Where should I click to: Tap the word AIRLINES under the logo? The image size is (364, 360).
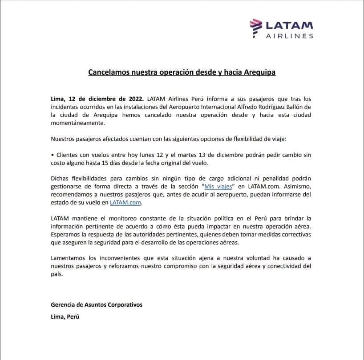(x=290, y=36)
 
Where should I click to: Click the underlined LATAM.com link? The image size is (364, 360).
(x=128, y=203)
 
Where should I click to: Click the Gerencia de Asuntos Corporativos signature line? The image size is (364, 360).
(x=97, y=305)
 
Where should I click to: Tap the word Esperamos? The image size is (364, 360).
(x=67, y=234)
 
